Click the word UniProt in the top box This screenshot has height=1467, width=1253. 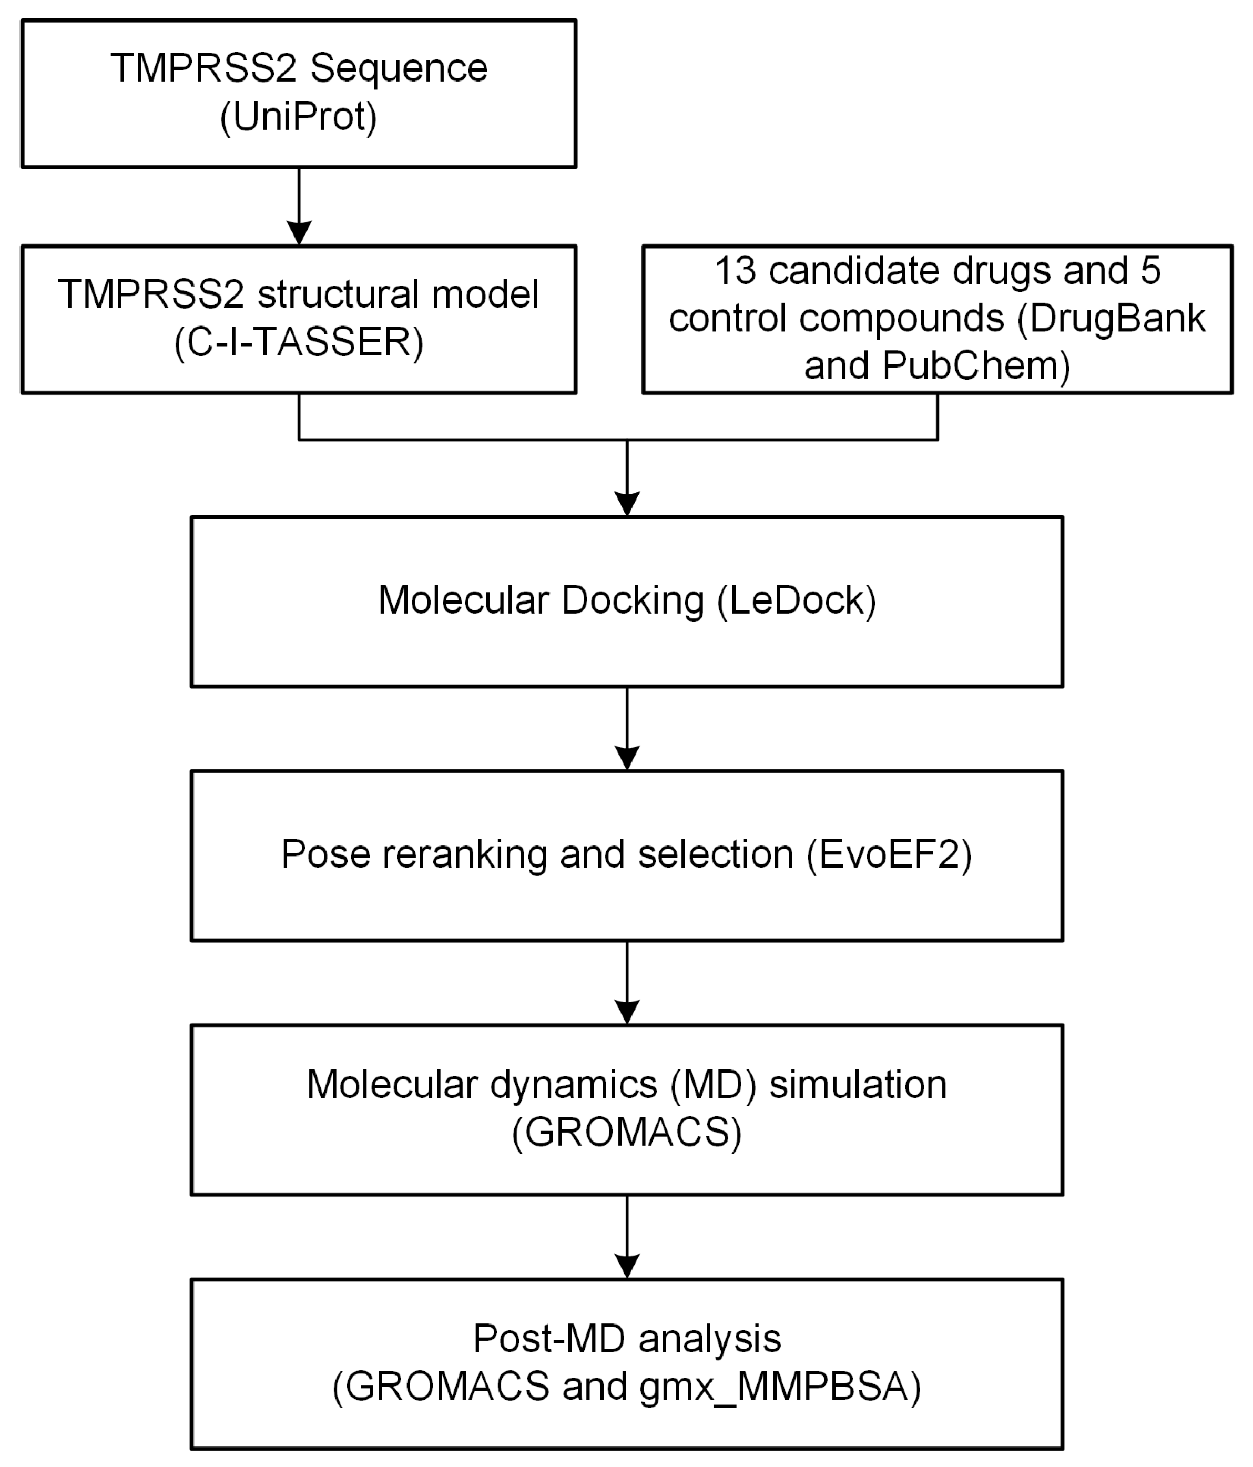coord(298,117)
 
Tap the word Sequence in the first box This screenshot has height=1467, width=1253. coord(399,69)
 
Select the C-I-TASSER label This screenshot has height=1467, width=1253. coord(298,343)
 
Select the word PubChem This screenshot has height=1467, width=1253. coord(975,366)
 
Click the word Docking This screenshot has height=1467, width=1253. coord(633,600)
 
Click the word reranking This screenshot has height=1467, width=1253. coord(464,854)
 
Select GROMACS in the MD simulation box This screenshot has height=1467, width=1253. coord(627,1132)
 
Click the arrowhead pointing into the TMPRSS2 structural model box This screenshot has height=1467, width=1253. coord(299,232)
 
